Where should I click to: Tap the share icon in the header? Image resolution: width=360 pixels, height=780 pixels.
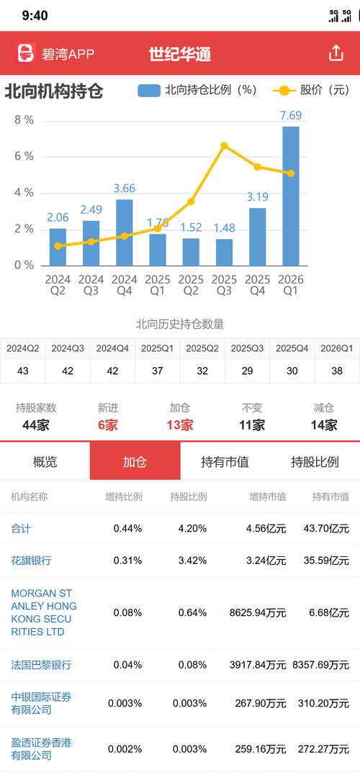pos(336,53)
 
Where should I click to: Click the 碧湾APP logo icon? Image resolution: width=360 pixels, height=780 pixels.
pos(27,53)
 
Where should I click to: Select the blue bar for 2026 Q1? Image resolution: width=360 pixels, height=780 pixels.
pos(291,196)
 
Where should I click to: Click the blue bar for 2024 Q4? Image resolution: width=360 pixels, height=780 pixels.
pos(125,232)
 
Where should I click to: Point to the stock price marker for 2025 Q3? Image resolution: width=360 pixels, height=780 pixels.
pos(224,146)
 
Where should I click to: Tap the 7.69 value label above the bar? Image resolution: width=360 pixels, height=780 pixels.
pos(291,115)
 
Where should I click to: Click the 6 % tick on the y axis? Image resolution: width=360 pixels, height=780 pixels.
pos(24,156)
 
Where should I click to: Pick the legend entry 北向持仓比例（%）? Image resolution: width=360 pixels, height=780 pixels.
pos(197,90)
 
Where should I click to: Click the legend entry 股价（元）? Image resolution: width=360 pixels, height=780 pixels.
pos(312,90)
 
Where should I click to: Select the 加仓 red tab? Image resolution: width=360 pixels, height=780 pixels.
pos(135,461)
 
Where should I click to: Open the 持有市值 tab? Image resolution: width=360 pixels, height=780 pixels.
pos(225,462)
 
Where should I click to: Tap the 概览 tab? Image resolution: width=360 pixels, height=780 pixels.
pos(45,462)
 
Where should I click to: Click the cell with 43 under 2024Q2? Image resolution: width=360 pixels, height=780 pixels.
pos(22,371)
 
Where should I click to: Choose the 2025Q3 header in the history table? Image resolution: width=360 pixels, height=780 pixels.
pos(248,348)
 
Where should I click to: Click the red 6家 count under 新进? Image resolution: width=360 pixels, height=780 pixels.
pos(107,425)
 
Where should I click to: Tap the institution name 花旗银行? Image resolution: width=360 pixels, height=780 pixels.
pos(31,561)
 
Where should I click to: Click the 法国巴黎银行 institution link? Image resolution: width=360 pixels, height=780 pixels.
pos(41,665)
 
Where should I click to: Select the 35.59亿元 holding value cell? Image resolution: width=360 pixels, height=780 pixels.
pos(326,561)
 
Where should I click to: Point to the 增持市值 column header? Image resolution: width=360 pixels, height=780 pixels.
pos(268,496)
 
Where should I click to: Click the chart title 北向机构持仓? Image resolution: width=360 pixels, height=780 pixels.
pos(54,91)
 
